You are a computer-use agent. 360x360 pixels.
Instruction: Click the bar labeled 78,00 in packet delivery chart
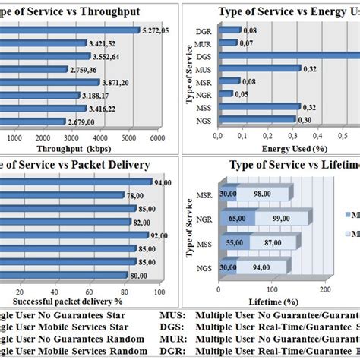tap(61, 195)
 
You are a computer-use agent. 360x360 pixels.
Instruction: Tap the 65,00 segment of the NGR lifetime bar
tap(235, 219)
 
